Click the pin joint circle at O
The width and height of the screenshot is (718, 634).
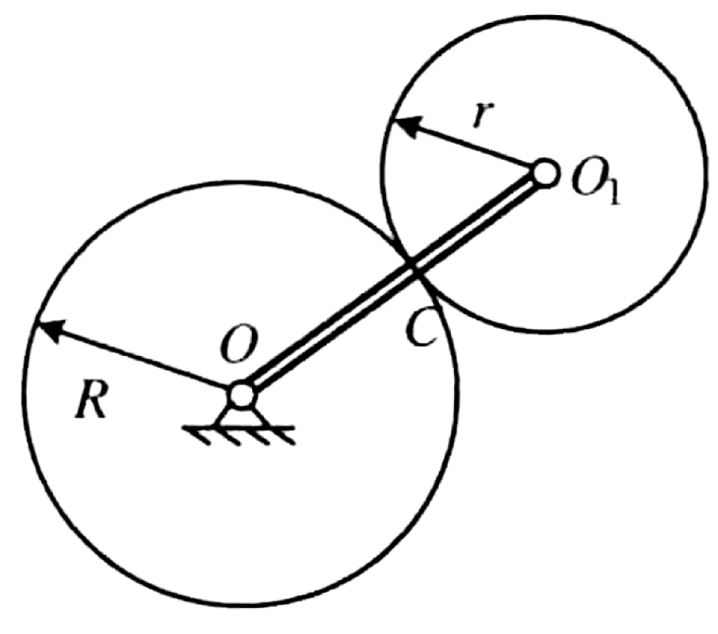[241, 394]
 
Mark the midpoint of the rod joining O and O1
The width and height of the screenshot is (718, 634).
[393, 283]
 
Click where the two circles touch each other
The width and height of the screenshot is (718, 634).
[414, 269]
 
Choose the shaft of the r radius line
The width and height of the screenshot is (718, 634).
[472, 147]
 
